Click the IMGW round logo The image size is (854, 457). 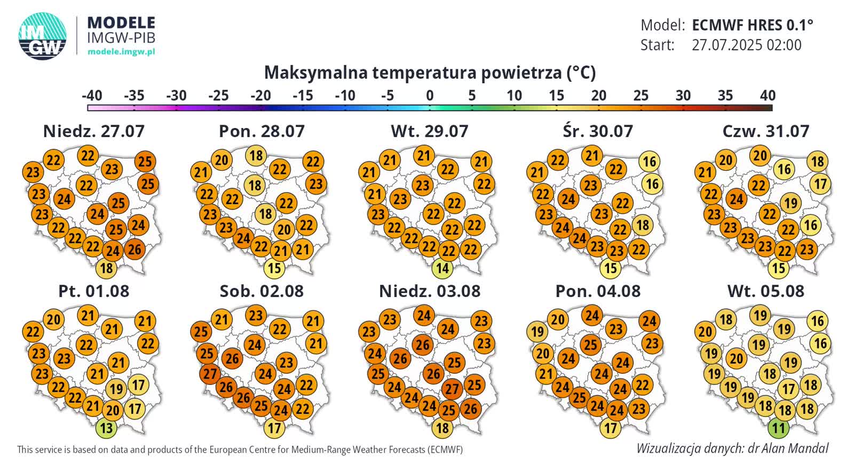[43, 36]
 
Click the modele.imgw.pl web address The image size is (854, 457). [121, 52]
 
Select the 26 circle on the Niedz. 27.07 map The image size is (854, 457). [135, 248]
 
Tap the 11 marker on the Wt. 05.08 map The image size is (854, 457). [778, 428]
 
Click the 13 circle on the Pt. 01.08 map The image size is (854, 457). [106, 428]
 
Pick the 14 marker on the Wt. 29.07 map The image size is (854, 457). [442, 268]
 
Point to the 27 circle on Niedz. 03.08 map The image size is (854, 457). [452, 389]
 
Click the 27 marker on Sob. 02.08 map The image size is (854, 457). [210, 374]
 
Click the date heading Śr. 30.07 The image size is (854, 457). [597, 131]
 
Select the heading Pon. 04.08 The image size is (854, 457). [597, 291]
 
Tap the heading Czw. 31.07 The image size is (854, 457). [765, 131]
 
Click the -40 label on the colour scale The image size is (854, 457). [92, 95]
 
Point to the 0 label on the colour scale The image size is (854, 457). [430, 95]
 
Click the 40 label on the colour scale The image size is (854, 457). [768, 95]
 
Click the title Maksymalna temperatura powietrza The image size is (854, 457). [430, 73]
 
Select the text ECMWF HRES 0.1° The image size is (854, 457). [752, 25]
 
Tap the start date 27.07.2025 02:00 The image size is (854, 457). [746, 45]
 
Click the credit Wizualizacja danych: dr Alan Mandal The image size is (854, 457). [732, 448]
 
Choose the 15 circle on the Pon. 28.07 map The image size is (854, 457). [274, 268]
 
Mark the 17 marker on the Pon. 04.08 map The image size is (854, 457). [611, 428]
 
